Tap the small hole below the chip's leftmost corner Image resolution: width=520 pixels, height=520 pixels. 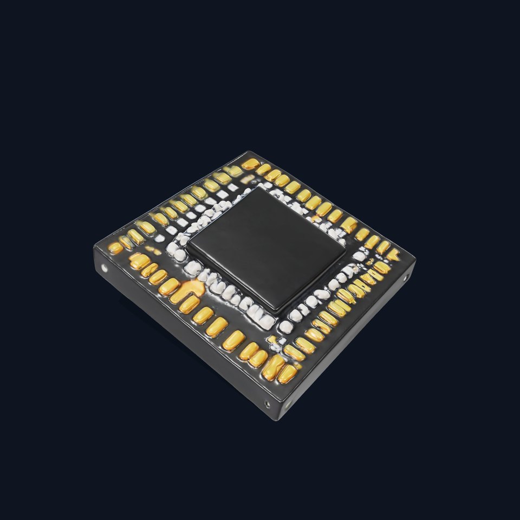point(105,268)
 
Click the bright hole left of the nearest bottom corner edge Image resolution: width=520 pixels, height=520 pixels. point(266,403)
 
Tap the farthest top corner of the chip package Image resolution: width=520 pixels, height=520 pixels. point(250,152)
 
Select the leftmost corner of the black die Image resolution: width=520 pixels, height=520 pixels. point(188,246)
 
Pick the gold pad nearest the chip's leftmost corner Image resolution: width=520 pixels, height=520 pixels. point(115,248)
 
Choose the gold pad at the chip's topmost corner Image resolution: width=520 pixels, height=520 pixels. point(250,164)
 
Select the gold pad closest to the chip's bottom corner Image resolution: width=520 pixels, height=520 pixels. point(287,373)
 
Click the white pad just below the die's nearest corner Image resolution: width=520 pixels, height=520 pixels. point(285,326)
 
